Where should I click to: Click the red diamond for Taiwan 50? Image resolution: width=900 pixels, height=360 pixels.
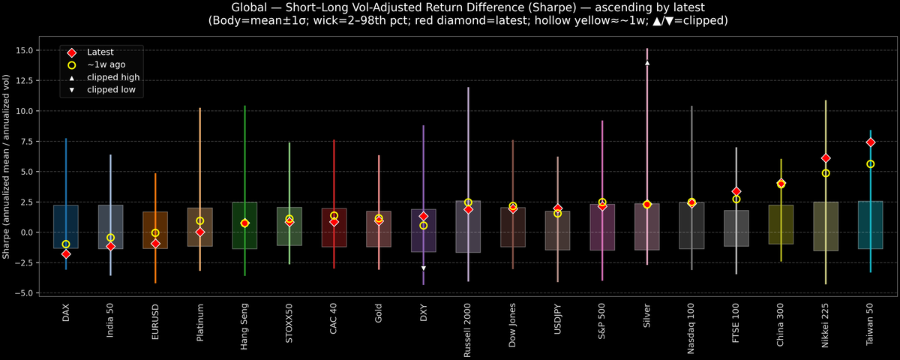(x=870, y=142)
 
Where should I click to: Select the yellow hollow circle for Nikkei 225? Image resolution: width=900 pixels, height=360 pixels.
(x=826, y=173)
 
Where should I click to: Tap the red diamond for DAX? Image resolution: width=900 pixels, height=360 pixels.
(x=66, y=254)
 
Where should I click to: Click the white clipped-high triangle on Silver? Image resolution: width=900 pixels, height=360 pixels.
(x=647, y=63)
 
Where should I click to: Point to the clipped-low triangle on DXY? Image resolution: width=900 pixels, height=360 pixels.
(x=424, y=268)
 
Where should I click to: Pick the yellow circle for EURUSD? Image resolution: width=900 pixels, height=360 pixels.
(x=155, y=233)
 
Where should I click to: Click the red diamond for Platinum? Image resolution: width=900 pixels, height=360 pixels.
(x=200, y=232)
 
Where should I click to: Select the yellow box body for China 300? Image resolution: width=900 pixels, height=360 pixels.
(x=781, y=224)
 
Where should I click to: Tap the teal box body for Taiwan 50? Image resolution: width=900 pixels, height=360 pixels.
(x=870, y=225)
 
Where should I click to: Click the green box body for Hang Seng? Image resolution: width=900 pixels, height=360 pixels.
(x=244, y=225)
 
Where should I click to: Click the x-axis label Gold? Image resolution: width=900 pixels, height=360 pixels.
(x=379, y=313)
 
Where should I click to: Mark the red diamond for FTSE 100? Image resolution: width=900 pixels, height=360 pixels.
(x=736, y=192)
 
